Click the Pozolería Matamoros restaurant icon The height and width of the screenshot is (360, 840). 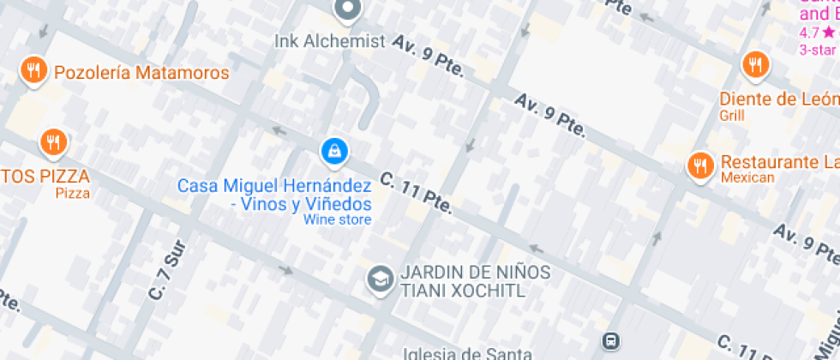coord(33,70)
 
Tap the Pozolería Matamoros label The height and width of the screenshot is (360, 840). coord(141,73)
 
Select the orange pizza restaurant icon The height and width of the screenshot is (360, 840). coord(53,142)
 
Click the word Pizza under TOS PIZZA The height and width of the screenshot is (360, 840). coord(72,194)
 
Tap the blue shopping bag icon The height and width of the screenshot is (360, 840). coord(333,153)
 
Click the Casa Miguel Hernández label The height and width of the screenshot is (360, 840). coord(274,186)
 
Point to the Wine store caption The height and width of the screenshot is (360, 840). coord(337,219)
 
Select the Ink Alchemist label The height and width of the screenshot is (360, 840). coord(330,41)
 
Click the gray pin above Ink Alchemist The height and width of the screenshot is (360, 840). coord(347,9)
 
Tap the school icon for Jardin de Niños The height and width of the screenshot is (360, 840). coord(378,278)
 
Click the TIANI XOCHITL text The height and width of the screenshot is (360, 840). coord(463,291)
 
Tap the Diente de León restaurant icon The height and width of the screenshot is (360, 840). coord(754,64)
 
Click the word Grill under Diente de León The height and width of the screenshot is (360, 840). coord(732,115)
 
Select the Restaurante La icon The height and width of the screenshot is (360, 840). coord(700,165)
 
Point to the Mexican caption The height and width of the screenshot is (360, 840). coord(747,178)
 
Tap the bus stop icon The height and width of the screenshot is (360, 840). coord(611,341)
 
